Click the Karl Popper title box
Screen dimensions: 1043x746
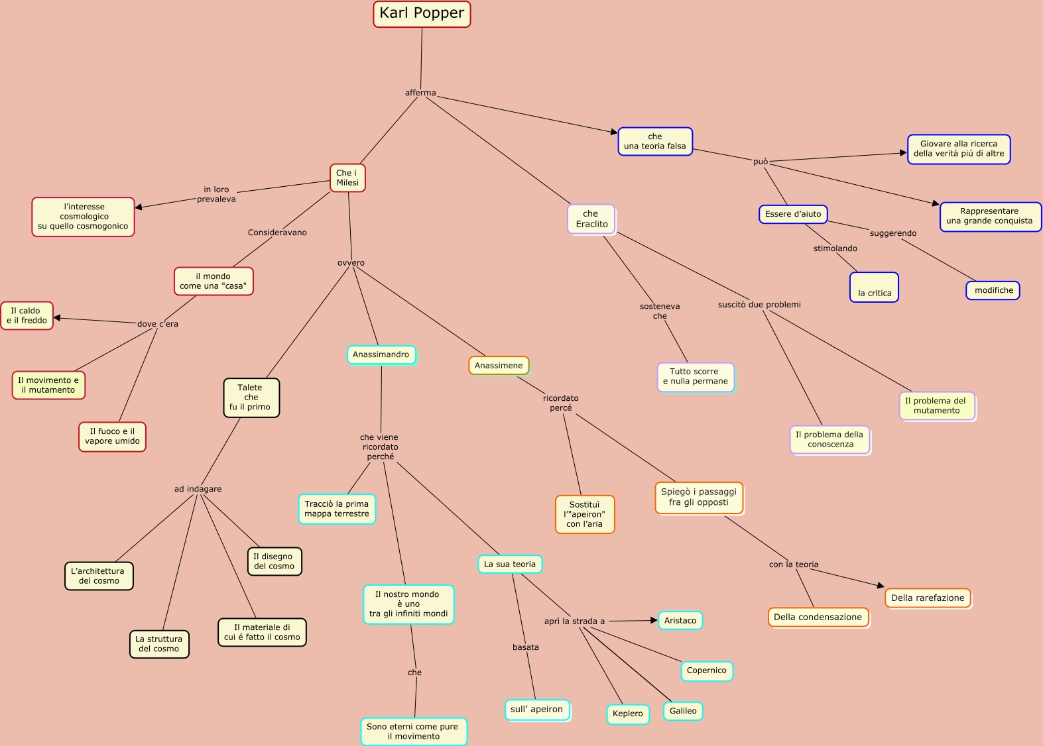[x=422, y=14]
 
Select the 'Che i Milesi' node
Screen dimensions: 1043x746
[x=347, y=178]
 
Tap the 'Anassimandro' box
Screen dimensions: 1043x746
[x=381, y=354]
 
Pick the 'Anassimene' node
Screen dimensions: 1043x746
[x=499, y=365]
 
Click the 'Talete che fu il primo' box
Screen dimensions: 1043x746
[x=251, y=398]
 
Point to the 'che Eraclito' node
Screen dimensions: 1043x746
[x=591, y=219]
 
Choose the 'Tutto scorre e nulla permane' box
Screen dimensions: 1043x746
[x=696, y=376]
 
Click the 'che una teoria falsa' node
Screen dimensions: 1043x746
[x=655, y=142]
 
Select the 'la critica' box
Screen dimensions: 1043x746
[x=874, y=288]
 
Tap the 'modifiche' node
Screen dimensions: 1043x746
[x=993, y=290]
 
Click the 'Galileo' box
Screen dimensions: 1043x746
[x=683, y=711]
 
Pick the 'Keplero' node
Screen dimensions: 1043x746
[x=627, y=714]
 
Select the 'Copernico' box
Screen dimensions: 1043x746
[x=706, y=670]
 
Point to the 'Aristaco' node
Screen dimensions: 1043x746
[x=680, y=621]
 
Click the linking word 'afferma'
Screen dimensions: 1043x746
[x=420, y=93]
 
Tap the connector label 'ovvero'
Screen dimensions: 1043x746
[x=351, y=263]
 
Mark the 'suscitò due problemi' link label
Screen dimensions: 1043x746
[x=759, y=305]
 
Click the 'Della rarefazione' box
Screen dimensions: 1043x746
[x=928, y=598]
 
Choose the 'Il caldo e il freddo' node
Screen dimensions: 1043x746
[x=27, y=315]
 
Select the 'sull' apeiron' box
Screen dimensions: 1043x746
[x=536, y=710]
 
